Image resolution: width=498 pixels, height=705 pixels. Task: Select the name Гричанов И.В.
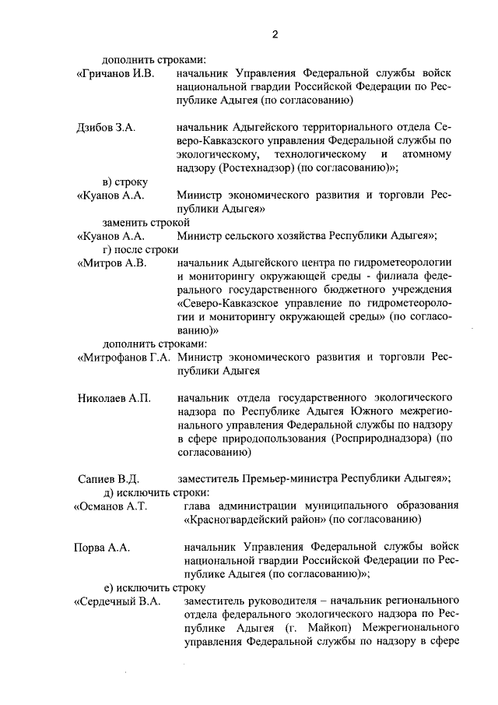[x=115, y=73]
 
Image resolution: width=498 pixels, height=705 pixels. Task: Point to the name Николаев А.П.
[x=114, y=398]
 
